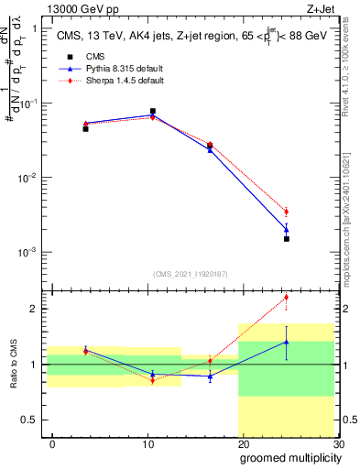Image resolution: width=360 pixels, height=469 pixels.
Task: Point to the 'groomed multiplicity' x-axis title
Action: (x=287, y=456)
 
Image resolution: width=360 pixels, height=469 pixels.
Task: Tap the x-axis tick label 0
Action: (x=52, y=443)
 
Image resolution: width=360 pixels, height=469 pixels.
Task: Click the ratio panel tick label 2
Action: (x=35, y=309)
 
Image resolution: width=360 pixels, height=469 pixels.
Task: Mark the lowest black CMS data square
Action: (x=286, y=239)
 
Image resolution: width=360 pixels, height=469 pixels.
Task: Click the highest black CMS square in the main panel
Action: (x=152, y=111)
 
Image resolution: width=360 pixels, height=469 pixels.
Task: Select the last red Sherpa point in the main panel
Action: (x=286, y=212)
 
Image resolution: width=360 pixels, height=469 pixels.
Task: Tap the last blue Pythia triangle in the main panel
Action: (x=286, y=229)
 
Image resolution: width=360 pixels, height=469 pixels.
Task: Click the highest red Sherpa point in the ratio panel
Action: (x=286, y=297)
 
